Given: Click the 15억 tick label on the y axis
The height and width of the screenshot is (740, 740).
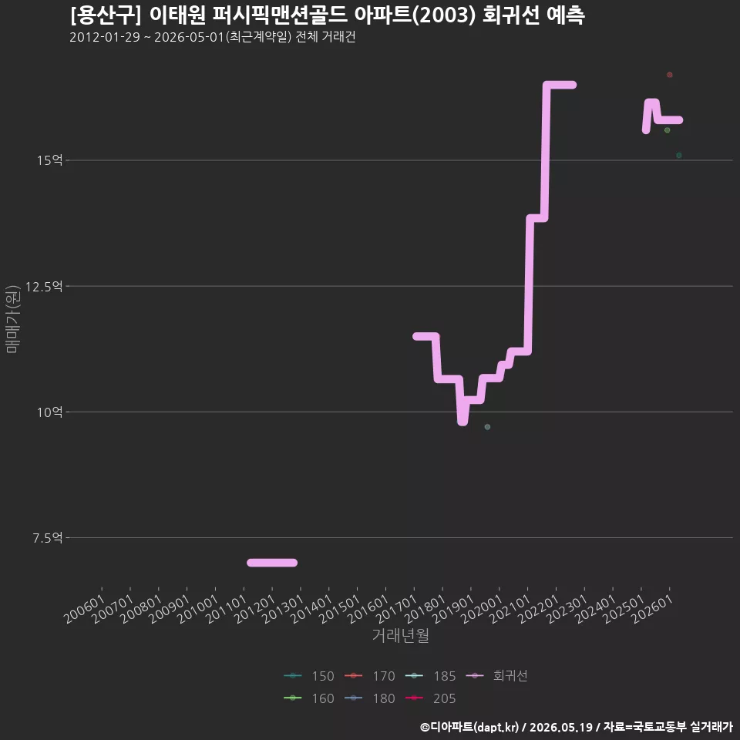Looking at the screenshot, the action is pyautogui.click(x=50, y=160).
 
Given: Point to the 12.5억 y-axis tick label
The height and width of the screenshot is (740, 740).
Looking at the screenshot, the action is pyautogui.click(x=45, y=287).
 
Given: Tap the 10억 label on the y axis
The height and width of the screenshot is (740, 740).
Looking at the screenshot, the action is pyautogui.click(x=50, y=412).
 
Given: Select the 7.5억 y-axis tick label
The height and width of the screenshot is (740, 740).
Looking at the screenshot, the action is pyautogui.click(x=48, y=537).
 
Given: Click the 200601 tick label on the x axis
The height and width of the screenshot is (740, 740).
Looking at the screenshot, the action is pyautogui.click(x=85, y=609).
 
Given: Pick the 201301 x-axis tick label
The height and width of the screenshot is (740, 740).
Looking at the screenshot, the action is pyautogui.click(x=283, y=609).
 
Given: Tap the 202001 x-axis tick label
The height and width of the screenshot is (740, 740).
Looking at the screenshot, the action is pyautogui.click(x=482, y=609).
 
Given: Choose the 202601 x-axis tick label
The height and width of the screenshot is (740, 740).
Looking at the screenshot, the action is pyautogui.click(x=652, y=609).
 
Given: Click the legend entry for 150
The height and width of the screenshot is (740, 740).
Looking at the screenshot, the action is pyautogui.click(x=308, y=676).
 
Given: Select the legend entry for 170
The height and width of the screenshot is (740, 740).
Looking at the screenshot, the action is pyautogui.click(x=369, y=676).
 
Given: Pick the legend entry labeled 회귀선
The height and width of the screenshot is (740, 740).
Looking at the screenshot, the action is pyautogui.click(x=496, y=676).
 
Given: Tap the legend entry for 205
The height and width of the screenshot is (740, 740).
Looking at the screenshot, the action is pyautogui.click(x=430, y=698).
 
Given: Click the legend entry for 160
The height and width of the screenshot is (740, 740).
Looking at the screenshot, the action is pyautogui.click(x=308, y=698).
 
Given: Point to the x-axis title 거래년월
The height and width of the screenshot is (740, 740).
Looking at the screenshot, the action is pyautogui.click(x=401, y=635).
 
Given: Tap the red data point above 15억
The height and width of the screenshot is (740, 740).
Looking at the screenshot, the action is pyautogui.click(x=670, y=75).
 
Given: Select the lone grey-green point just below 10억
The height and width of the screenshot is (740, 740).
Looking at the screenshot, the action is pyautogui.click(x=487, y=427).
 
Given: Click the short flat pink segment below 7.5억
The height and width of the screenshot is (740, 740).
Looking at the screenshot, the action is pyautogui.click(x=272, y=563).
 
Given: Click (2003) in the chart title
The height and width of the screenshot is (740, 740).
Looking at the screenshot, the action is pyautogui.click(x=446, y=15).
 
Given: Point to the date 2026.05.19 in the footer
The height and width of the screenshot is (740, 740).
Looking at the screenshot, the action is pyautogui.click(x=561, y=727).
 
